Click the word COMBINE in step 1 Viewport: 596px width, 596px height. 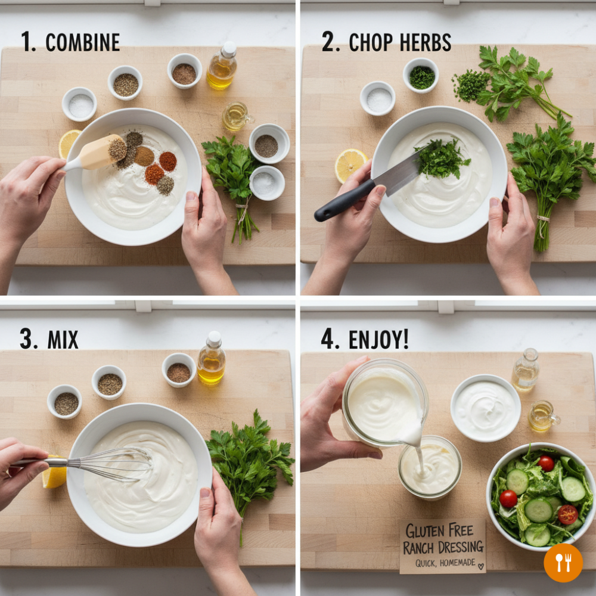coord(82,42)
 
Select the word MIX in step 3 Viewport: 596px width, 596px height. coord(63,340)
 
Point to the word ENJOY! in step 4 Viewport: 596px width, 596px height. coord(378,339)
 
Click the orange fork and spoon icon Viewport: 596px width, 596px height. coord(563,563)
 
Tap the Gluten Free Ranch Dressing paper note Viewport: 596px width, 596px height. coord(443,546)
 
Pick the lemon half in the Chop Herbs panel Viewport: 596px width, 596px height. coord(350,165)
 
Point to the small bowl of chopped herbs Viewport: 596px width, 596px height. coord(421,76)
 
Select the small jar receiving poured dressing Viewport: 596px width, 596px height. coord(430,467)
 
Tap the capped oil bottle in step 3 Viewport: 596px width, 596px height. coord(212,358)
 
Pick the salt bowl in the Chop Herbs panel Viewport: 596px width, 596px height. coord(377,98)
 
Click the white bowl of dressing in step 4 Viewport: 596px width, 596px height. coord(485,408)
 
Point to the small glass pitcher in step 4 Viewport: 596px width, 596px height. coord(543,417)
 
